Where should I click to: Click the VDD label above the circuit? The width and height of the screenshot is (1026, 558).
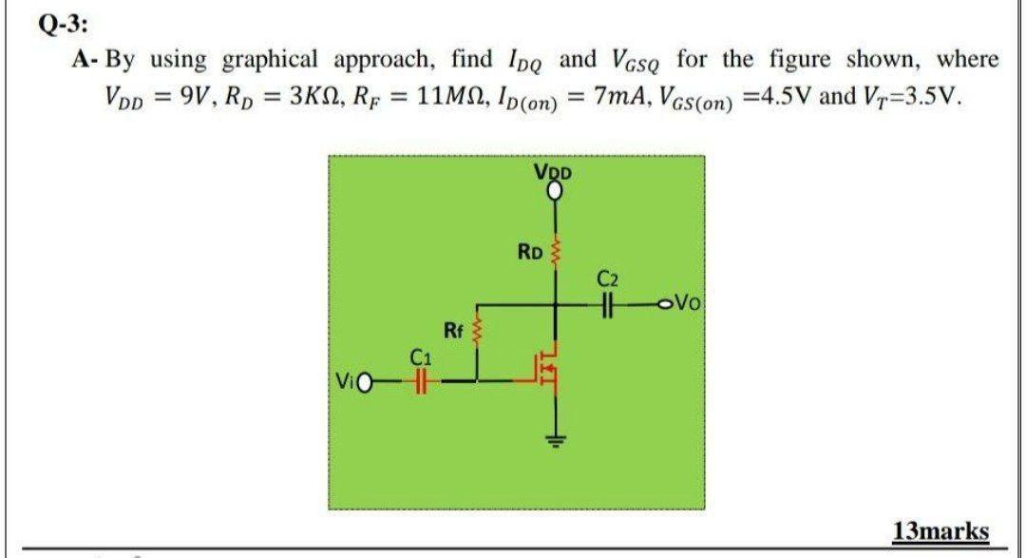pos(554,174)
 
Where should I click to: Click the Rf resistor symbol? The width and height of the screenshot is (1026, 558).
pos(477,332)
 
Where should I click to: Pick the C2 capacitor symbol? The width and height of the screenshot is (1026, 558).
pos(609,305)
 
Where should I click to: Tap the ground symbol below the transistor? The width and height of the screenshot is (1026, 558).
pos(556,438)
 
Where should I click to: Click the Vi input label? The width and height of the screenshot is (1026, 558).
pos(345,383)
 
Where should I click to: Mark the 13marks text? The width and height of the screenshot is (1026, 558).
pos(940,529)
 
